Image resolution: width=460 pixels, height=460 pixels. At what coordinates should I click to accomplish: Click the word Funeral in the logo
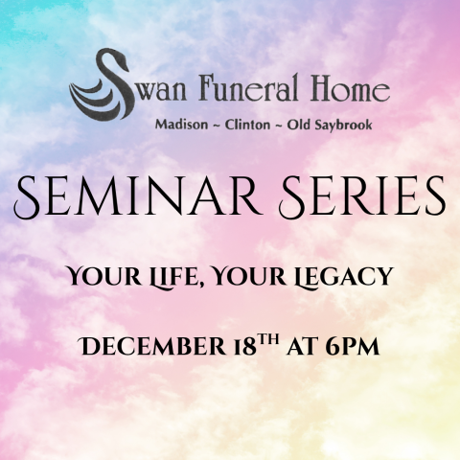(226, 92)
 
